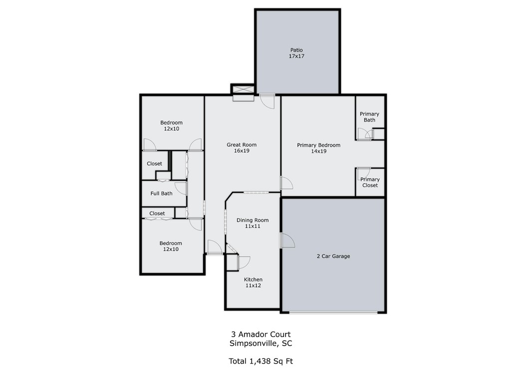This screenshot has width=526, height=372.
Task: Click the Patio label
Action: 296,50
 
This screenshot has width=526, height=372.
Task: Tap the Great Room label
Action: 242,145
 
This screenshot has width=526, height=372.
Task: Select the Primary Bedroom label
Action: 319,145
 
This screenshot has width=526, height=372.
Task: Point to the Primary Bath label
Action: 369,117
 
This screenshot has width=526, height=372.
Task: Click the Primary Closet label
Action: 370,182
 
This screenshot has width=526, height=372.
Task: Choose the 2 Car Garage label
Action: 333,256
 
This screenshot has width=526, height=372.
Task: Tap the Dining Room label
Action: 253,220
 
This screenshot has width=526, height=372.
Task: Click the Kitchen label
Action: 254,279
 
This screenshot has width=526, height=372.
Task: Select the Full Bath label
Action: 161,193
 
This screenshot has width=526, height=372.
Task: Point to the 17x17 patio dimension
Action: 296,56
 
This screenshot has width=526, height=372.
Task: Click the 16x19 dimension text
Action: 242,151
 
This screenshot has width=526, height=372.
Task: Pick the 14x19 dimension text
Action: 319,151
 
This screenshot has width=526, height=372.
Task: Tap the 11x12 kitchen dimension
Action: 254,286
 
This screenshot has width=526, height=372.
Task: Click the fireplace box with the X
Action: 243,89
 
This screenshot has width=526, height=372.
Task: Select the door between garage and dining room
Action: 287,240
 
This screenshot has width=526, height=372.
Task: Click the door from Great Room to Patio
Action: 267,101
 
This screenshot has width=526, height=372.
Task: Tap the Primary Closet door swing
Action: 363,173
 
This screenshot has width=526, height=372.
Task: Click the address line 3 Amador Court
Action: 261,335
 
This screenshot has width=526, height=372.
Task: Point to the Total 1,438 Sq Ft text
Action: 261,361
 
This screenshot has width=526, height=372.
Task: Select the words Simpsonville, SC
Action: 261,344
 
